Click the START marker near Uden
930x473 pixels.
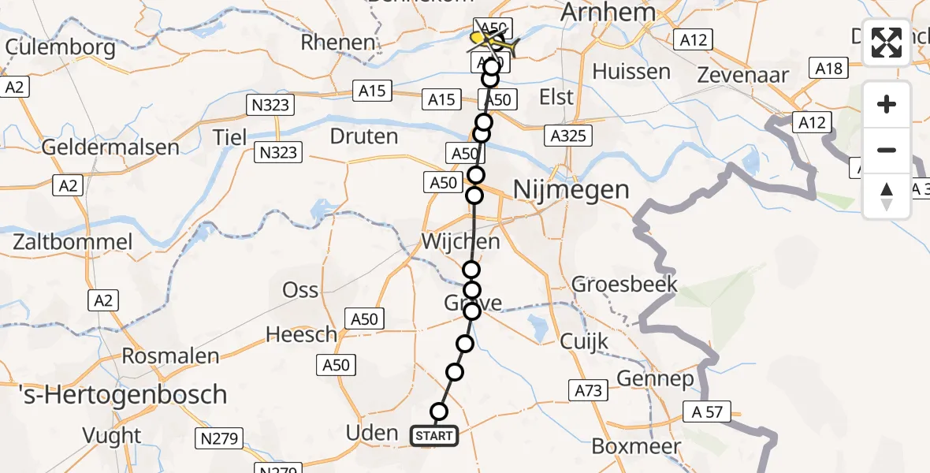click(x=433, y=435)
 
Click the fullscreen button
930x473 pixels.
click(x=887, y=43)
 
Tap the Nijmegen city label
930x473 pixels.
click(x=571, y=189)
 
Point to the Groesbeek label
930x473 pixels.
click(x=625, y=284)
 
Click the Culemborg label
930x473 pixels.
click(x=60, y=47)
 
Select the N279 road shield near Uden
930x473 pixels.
click(x=221, y=439)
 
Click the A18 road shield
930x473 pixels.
click(x=829, y=69)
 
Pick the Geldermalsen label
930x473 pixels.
click(x=110, y=147)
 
